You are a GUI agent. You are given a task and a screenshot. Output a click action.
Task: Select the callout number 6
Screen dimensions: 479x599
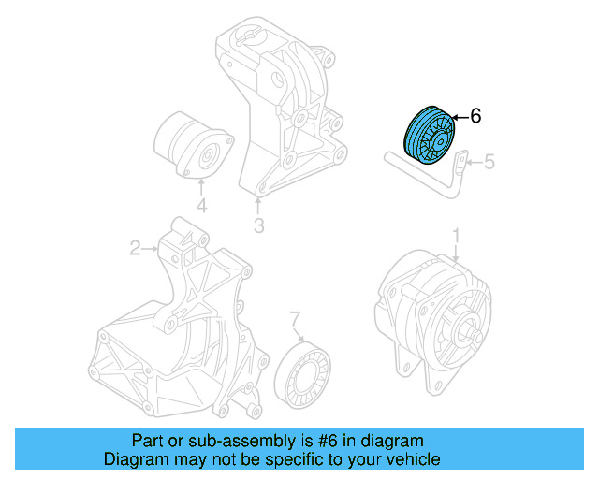point(475,116)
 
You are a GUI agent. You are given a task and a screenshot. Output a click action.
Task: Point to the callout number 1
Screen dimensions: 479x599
point(456,233)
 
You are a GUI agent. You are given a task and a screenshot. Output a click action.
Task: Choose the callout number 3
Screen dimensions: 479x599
point(258,225)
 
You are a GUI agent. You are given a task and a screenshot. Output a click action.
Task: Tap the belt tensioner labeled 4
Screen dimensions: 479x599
point(191,146)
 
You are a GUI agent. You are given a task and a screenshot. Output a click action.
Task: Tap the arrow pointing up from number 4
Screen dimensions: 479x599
point(200,187)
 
